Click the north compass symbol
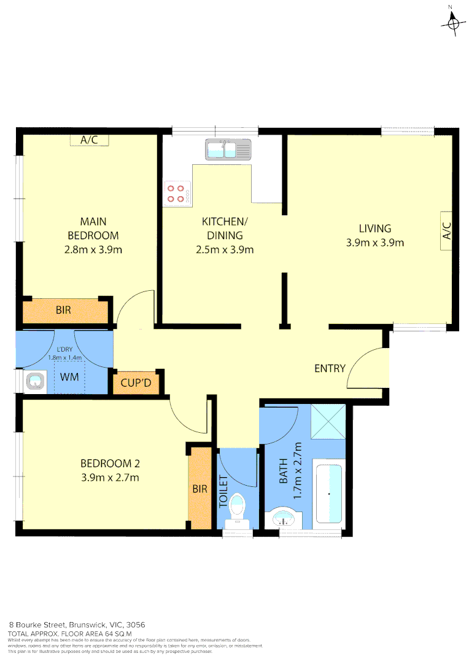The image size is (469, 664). tap(453, 23)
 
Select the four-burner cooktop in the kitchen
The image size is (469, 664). tap(177, 194)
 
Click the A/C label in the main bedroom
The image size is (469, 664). tap(89, 140)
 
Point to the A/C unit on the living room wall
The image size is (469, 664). tap(446, 231)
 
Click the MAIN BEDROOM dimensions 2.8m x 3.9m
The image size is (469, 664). tap(93, 250)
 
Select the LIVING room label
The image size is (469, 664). tap(374, 229)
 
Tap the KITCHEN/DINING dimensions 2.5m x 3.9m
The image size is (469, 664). tap(225, 250)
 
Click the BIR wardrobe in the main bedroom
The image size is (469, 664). tap(64, 310)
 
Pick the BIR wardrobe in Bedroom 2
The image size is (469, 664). tap(200, 489)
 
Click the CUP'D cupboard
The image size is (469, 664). tap(136, 384)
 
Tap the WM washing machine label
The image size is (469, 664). tap(69, 376)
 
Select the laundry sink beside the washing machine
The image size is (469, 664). tap(34, 382)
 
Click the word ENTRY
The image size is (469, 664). tap(330, 368)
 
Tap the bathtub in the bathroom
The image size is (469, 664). tap(328, 494)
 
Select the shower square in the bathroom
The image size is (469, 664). tap(328, 422)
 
